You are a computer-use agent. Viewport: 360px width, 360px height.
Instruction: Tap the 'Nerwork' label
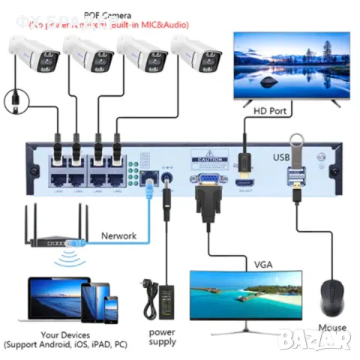coord(118,235)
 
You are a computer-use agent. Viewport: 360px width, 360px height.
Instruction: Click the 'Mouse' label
coord(331,328)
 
